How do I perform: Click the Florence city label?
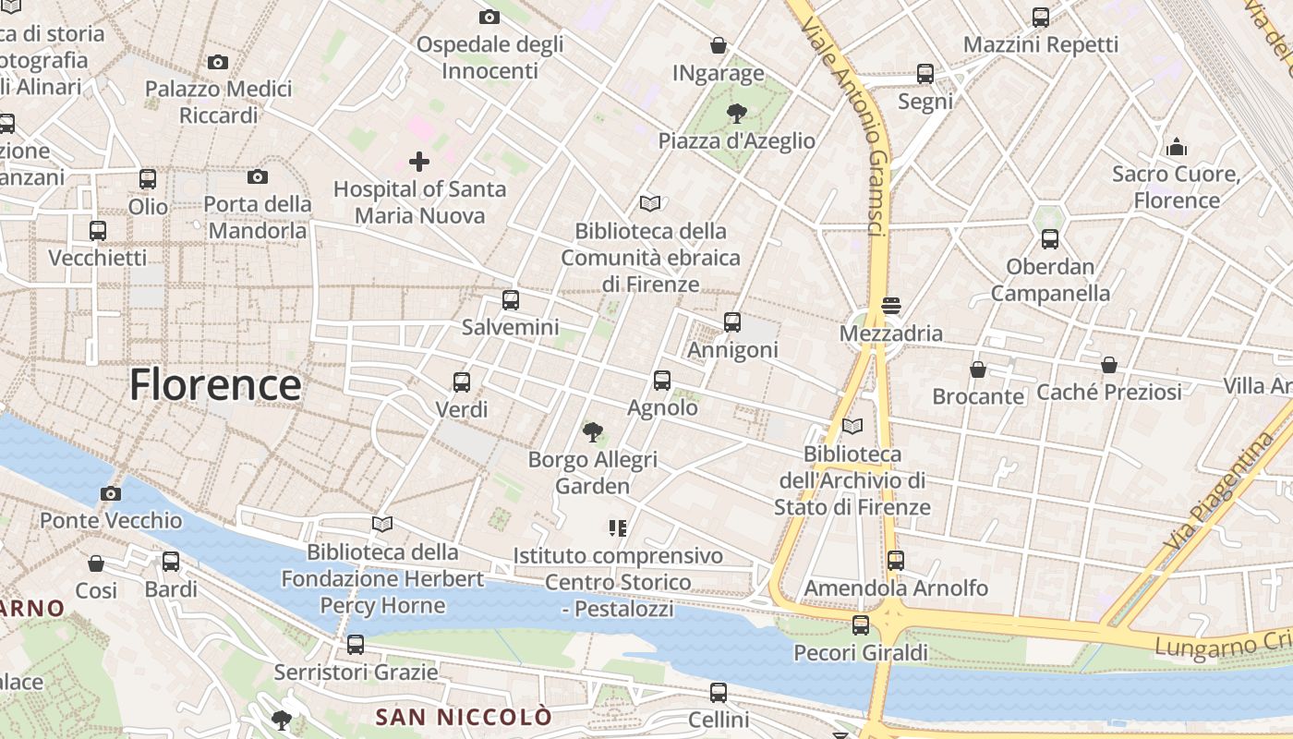point(215,384)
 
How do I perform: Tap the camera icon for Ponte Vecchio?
point(111,494)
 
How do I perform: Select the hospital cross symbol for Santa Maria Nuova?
point(419,163)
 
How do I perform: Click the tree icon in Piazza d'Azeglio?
point(737,114)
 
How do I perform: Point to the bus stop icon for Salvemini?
point(511,300)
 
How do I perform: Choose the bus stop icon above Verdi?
point(462,382)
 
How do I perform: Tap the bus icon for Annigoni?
point(732,322)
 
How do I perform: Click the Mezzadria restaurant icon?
point(891,305)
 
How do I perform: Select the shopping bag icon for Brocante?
point(978,369)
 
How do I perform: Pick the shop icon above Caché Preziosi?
point(1109,366)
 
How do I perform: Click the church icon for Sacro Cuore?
point(1177,147)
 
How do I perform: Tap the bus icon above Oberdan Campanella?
point(1050,239)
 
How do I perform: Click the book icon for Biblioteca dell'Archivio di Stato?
point(852,427)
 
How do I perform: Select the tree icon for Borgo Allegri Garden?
point(593,431)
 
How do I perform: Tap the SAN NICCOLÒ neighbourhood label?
point(464,717)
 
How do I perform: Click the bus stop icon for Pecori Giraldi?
point(861,625)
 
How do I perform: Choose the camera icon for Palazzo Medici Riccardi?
point(218,63)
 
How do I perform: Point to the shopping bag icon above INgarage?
point(719,45)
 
